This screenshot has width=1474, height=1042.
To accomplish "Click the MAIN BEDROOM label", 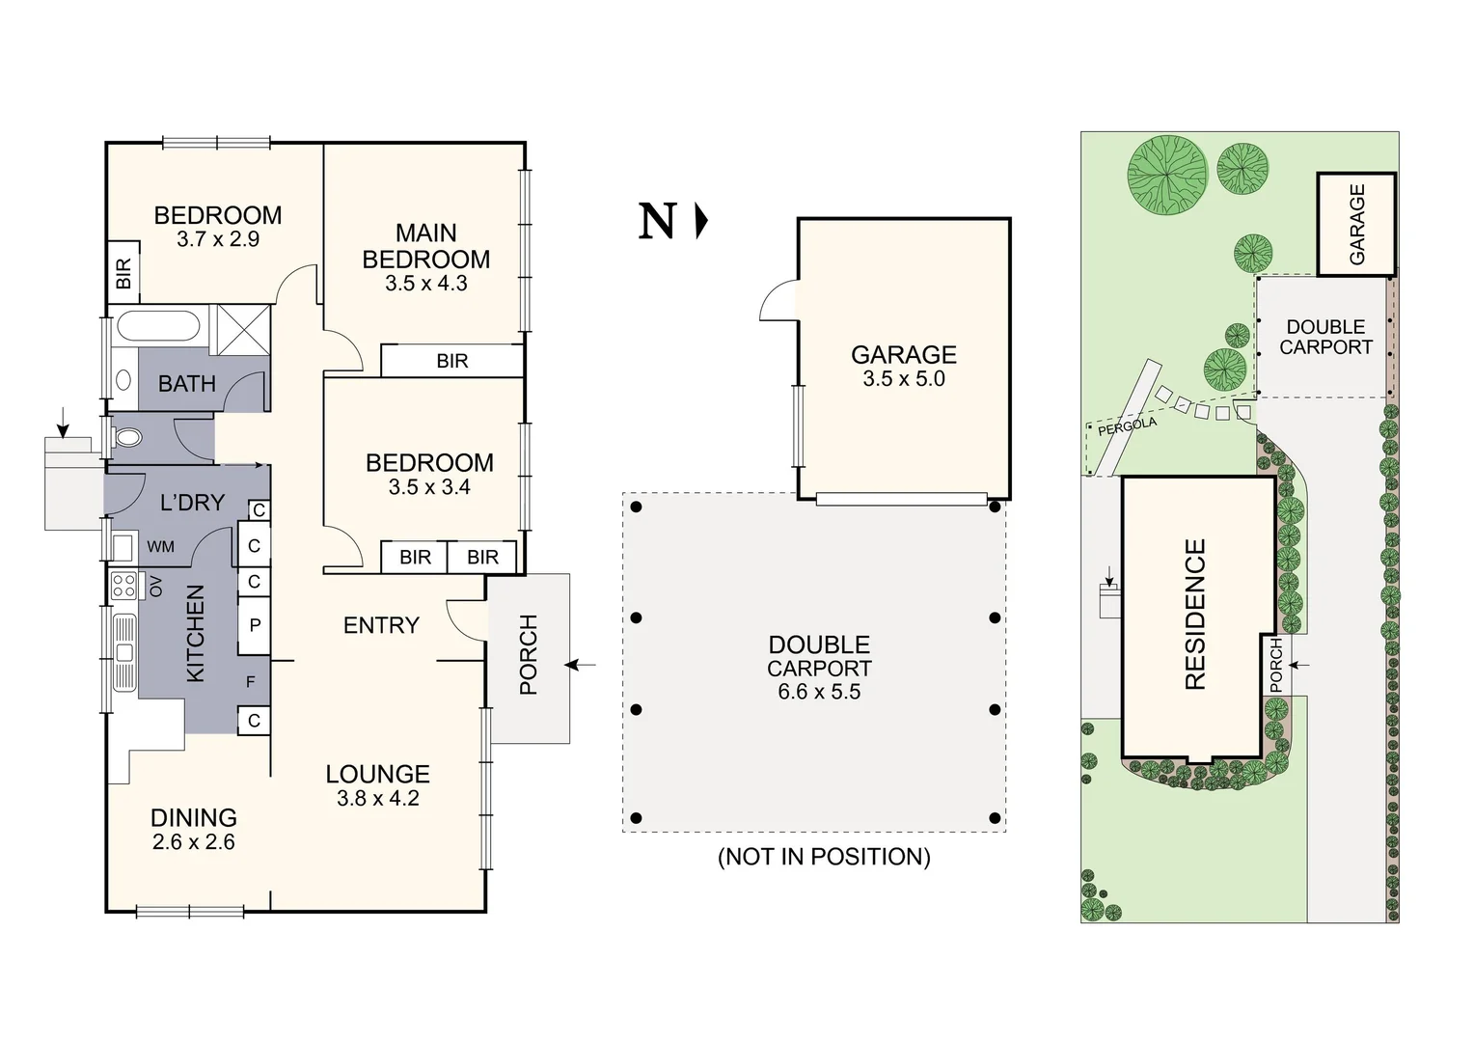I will [425, 246].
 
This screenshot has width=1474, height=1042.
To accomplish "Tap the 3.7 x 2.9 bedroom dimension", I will [218, 239].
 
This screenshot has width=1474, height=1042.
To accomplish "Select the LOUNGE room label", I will [377, 774].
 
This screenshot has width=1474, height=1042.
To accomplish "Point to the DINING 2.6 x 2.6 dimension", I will [193, 842].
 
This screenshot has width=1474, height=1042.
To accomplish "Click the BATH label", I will [186, 384].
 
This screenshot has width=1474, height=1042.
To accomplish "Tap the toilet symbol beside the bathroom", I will [126, 439].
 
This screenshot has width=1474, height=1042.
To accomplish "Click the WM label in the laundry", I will [161, 547].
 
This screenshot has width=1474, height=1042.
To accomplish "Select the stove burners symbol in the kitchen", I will [123, 586].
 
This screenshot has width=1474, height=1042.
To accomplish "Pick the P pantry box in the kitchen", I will [255, 625].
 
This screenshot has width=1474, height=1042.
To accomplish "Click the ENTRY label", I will [381, 625].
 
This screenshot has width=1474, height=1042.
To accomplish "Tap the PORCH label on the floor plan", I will [528, 654].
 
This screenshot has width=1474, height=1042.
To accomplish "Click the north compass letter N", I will [658, 222].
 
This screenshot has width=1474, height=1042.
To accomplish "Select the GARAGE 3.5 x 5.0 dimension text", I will [903, 379].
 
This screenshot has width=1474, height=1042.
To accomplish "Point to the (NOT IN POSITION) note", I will [824, 857].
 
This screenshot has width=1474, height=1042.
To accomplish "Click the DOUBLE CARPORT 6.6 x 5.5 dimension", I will [819, 692].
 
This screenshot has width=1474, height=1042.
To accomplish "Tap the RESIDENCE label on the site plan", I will [1195, 614].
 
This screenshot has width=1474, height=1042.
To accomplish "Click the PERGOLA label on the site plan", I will [1127, 426].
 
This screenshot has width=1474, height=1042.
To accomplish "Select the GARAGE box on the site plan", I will [1356, 224].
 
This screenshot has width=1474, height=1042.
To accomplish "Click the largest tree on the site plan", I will [1167, 175].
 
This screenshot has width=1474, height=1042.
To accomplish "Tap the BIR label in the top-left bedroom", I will [123, 275].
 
